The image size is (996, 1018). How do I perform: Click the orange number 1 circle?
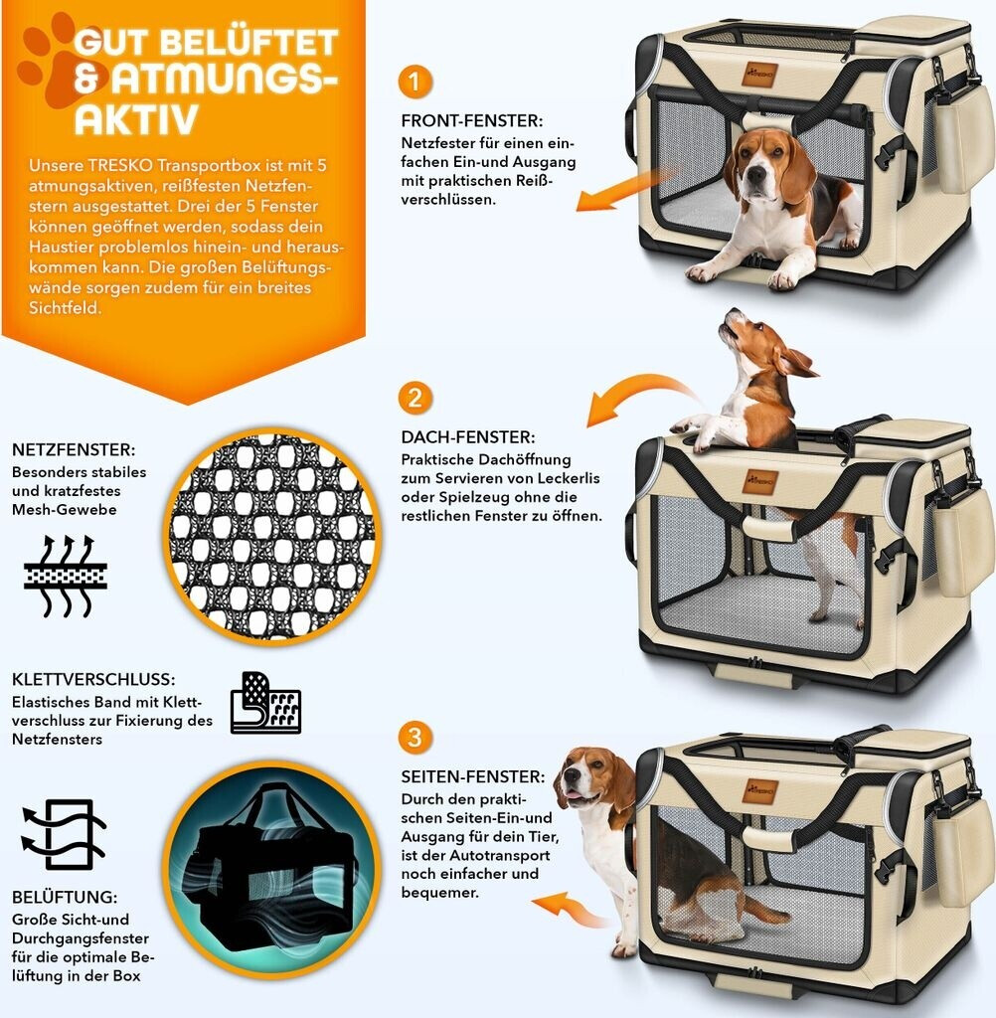(415, 82)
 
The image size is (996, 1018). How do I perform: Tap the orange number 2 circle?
(415, 397)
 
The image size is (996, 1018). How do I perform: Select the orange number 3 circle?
(415, 737)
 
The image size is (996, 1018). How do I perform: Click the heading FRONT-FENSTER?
(471, 120)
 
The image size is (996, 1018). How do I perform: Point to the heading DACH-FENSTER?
(468, 437)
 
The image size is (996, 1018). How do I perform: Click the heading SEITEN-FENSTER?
(473, 776)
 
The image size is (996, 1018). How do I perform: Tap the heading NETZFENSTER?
(74, 449)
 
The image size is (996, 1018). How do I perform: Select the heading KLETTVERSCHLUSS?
(93, 679)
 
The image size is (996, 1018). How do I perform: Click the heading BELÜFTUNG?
(65, 897)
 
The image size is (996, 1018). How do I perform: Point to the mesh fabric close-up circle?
(272, 536)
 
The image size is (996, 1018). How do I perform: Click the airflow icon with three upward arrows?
(65, 576)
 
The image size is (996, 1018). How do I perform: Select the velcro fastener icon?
(265, 703)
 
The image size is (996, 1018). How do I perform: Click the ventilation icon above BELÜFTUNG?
(63, 834)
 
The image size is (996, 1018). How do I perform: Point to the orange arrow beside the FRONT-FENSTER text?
(626, 190)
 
